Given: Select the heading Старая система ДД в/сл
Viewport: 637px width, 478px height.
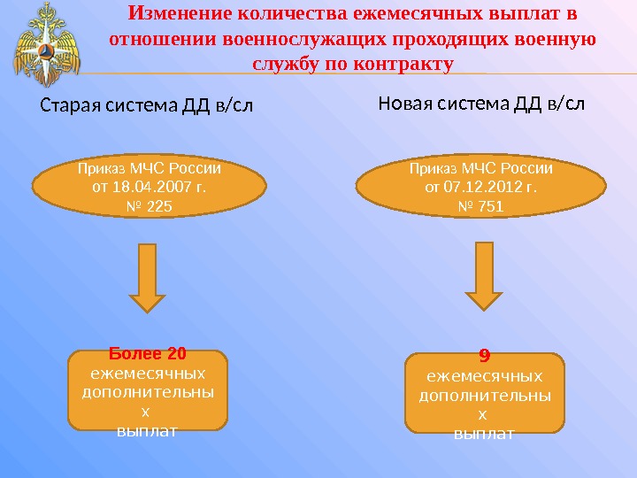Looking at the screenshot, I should tap(146, 107).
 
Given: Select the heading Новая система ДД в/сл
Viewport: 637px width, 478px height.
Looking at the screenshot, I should tap(481, 103).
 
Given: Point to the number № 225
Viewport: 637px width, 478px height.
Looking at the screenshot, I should tap(148, 206).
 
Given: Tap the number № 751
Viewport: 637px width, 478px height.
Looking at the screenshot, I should tap(481, 206).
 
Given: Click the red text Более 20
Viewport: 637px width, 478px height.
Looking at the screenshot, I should tap(148, 355).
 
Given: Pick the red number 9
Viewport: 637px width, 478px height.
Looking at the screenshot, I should tap(484, 356).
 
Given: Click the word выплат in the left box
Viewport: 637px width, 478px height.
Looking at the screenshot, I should tap(148, 430).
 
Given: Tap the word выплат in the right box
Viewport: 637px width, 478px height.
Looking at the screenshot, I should tap(484, 434).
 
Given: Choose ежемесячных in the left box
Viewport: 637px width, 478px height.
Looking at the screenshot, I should tap(148, 373).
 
